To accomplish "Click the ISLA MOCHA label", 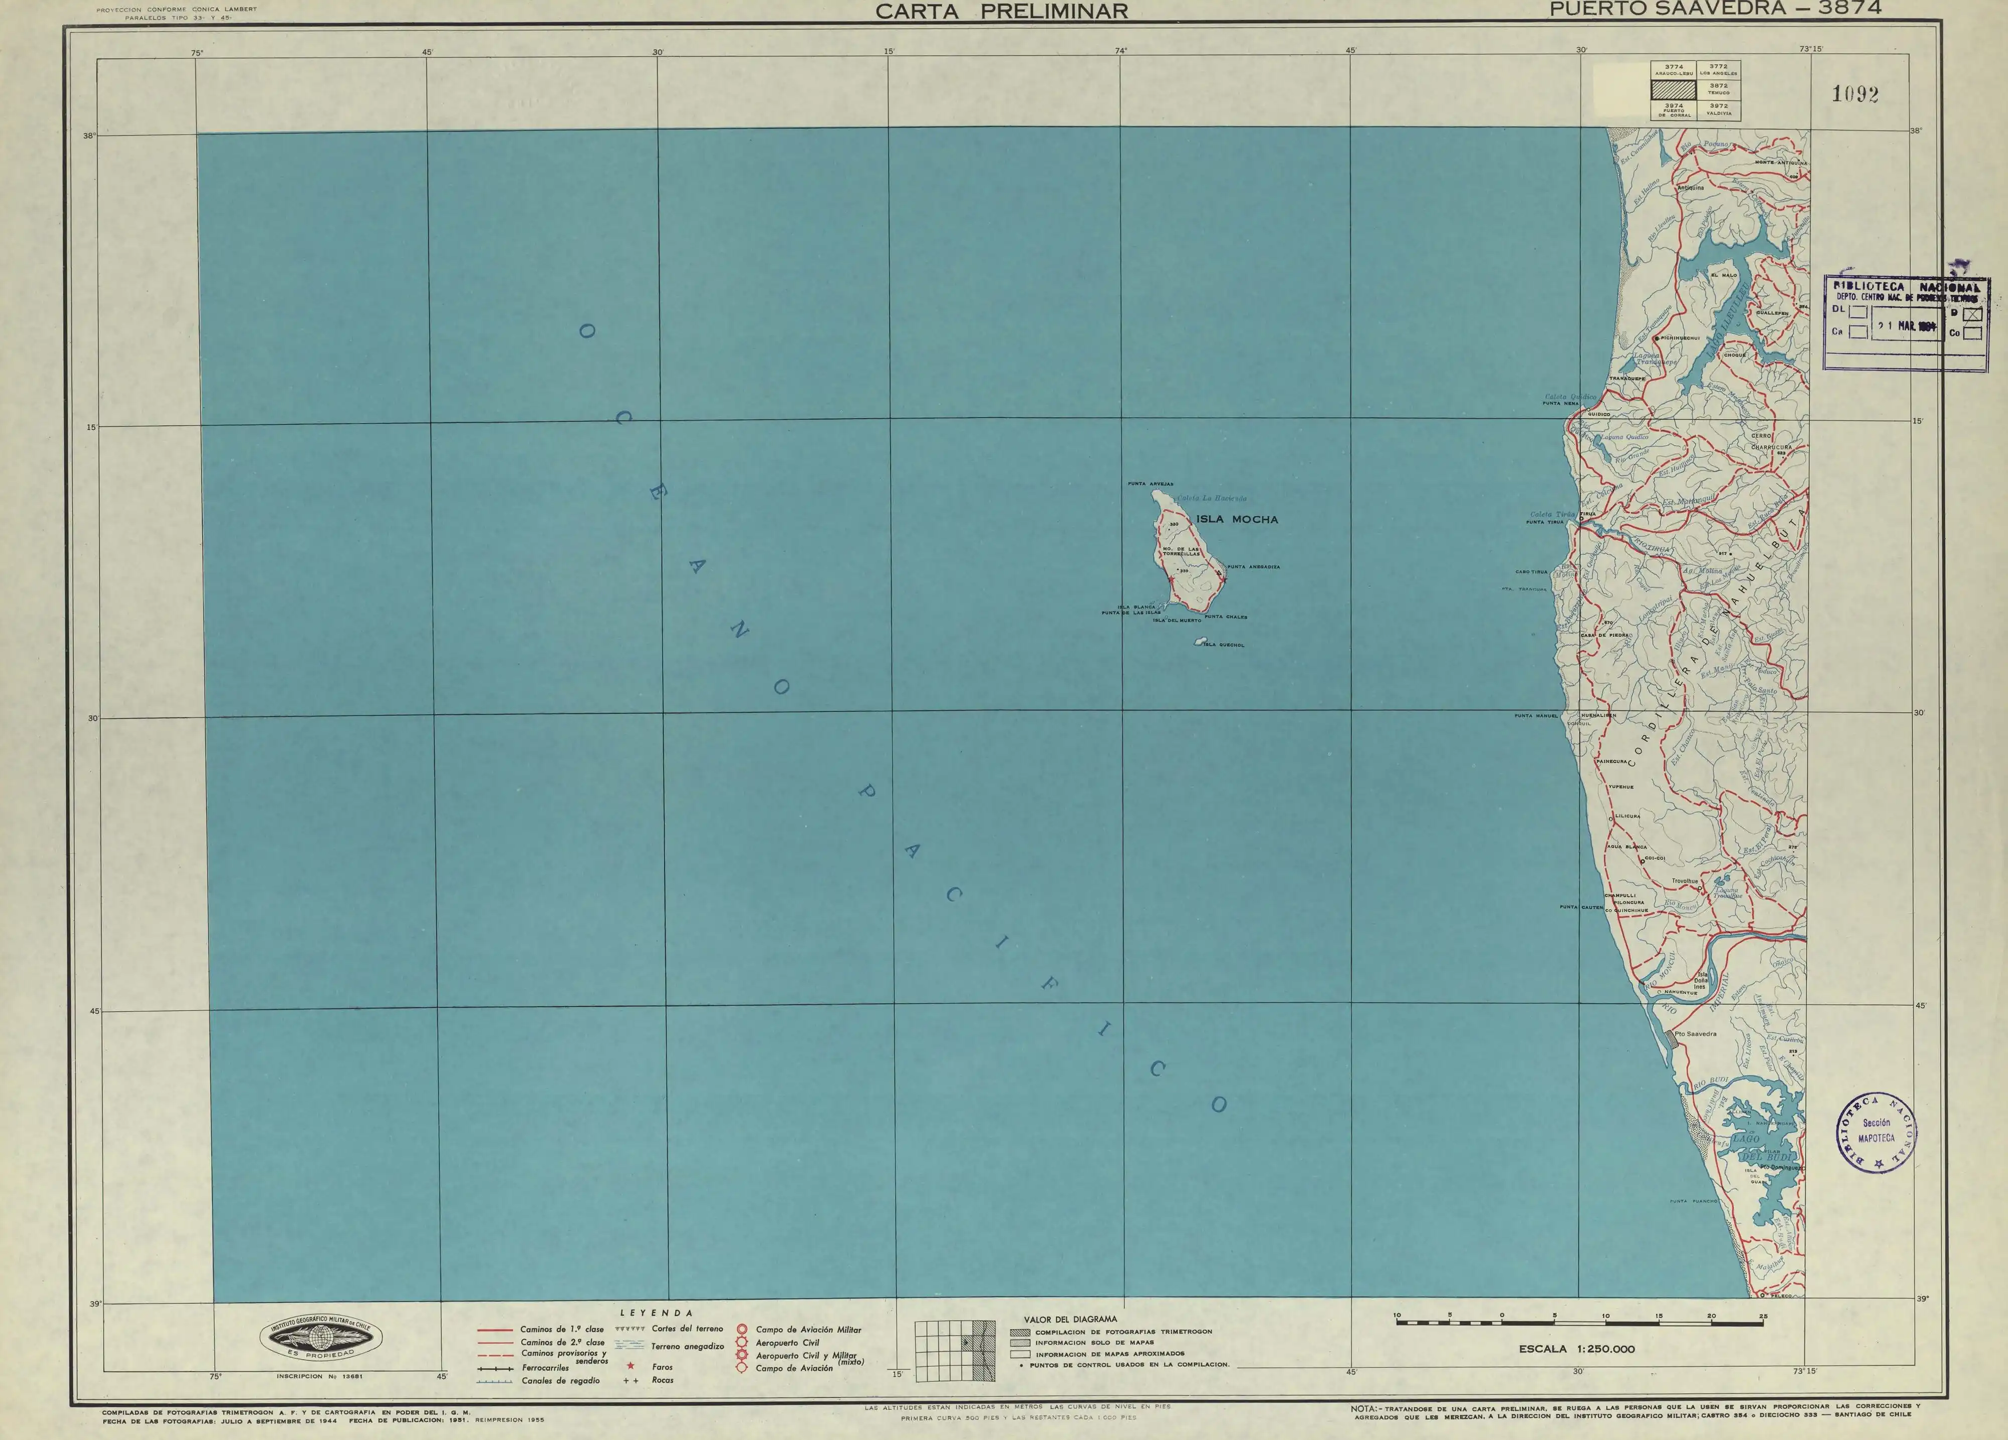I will point(1237,520).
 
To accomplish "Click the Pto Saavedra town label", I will point(1695,1033).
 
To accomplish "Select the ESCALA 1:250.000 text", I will point(1577,1349).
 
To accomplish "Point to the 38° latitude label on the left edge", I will point(89,137).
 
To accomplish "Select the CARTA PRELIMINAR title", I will point(1001,12).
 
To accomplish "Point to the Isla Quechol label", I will point(1230,645).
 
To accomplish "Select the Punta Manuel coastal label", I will point(1535,715).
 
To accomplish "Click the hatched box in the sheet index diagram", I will point(1673,89).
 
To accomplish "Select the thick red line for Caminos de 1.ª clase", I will point(494,1330).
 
